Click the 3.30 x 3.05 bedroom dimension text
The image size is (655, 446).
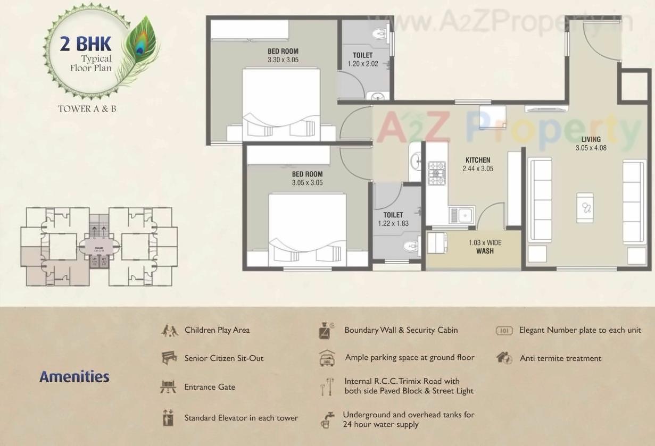(x=283, y=60)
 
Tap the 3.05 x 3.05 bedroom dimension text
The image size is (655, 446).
(x=307, y=183)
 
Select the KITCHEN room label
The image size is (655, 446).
(x=478, y=160)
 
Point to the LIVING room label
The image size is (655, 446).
(x=591, y=140)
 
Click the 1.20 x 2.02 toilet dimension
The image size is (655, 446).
(x=362, y=64)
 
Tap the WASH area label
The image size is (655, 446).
(x=485, y=251)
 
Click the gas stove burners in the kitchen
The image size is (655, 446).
(x=437, y=173)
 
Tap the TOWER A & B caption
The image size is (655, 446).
(x=87, y=109)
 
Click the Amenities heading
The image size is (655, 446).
(x=74, y=377)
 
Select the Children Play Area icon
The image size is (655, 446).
(x=169, y=330)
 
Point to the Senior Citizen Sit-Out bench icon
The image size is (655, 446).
(x=169, y=358)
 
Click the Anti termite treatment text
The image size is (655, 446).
(x=560, y=358)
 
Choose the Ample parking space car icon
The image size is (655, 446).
(x=326, y=358)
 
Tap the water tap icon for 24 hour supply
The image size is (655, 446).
(x=326, y=419)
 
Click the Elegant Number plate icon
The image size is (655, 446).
(x=504, y=331)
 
